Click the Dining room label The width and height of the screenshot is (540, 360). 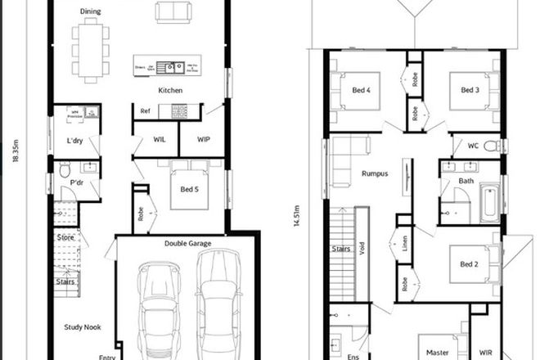pyautogui.click(x=91, y=11)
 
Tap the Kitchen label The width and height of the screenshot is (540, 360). pyautogui.click(x=170, y=91)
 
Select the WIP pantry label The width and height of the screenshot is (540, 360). pyautogui.click(x=205, y=139)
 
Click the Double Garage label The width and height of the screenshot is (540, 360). pyautogui.click(x=187, y=242)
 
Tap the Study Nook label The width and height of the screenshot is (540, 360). pyautogui.click(x=82, y=327)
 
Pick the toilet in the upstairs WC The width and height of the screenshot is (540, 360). pyautogui.click(x=491, y=146)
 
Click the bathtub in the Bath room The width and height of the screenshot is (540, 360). pyautogui.click(x=488, y=202)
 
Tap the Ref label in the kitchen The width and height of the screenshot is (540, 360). pyautogui.click(x=146, y=110)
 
